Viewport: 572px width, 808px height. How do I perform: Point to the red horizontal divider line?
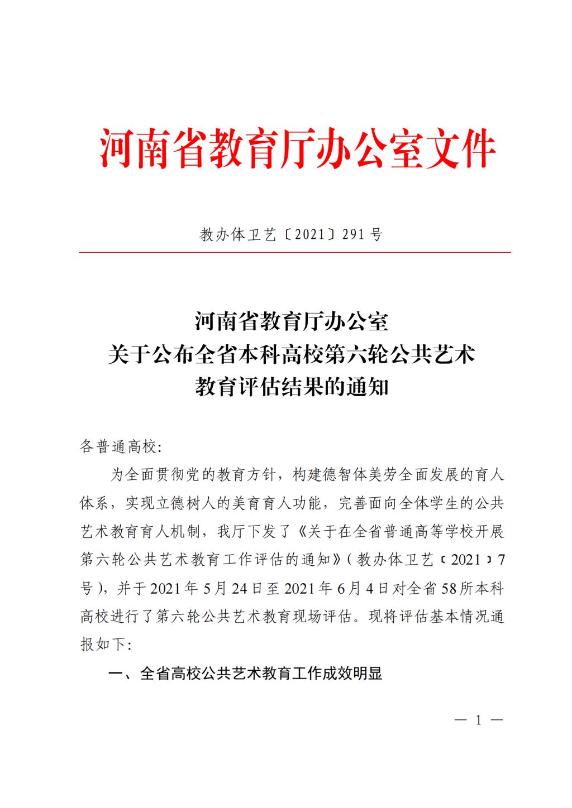294,253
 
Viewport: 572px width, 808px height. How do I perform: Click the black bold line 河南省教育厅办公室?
291,322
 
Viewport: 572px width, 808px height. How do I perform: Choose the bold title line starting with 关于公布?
291,354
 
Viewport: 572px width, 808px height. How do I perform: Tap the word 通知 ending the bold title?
367,387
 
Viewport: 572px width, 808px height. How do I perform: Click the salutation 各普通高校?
118,447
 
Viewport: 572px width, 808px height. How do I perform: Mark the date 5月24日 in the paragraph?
216,589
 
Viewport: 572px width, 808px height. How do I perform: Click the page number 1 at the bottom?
478,720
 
